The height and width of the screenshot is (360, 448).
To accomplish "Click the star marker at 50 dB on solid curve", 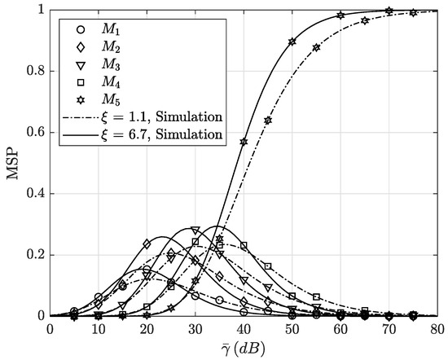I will [292, 42].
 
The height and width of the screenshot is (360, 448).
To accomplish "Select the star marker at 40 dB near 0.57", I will [244, 142].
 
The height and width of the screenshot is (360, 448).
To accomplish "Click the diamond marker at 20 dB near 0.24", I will [147, 244].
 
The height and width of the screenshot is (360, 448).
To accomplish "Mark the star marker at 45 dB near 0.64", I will [268, 120].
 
